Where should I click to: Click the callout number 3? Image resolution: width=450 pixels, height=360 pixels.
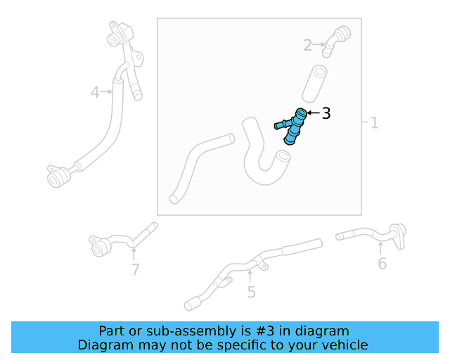[326, 112]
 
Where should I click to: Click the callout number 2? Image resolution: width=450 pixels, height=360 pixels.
[307, 46]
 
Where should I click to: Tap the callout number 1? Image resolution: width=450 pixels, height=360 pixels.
[374, 123]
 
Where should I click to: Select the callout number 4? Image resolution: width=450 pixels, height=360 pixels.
[95, 91]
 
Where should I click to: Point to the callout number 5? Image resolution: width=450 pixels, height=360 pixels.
[251, 292]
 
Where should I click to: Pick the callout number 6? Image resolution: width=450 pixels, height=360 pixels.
[382, 264]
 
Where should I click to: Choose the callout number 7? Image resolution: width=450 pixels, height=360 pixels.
[135, 269]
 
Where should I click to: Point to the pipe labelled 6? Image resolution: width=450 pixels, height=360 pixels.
[369, 234]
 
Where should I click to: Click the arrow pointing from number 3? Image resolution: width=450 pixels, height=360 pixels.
[313, 112]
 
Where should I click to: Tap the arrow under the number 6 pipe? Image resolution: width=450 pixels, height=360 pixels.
[380, 248]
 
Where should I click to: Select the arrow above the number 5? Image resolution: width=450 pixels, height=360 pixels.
[250, 276]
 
